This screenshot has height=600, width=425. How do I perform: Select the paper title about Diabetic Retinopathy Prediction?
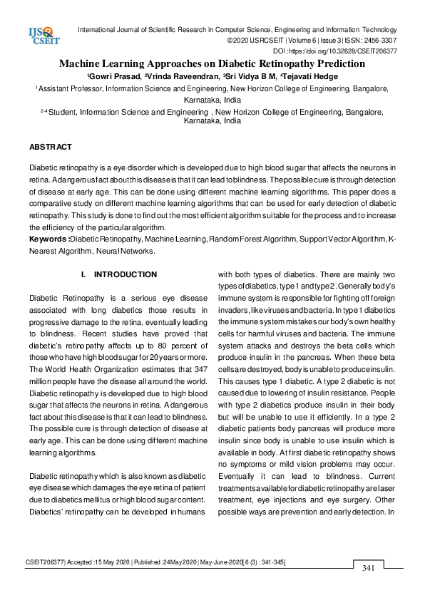pos(212,63)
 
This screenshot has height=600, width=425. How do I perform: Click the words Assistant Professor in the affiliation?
pos(70,88)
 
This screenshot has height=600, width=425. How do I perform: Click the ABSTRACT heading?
pos(50,147)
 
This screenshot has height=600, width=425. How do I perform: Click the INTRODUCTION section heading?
pos(126,274)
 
